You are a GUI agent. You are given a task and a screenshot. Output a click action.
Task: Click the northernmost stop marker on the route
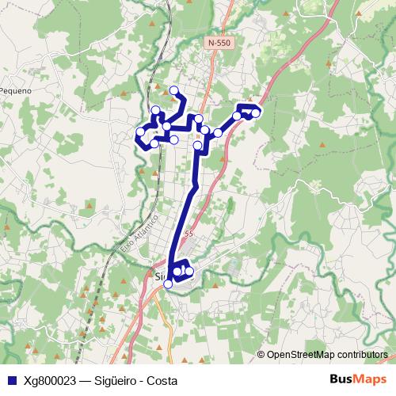coord(173,90)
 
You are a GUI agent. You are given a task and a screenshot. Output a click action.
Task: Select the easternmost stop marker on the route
coord(256,113)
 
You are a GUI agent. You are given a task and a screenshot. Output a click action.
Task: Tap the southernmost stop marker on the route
coord(167,284)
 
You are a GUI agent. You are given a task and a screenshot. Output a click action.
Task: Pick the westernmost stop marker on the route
coord(140,132)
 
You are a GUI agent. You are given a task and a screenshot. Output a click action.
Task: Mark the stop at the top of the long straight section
coord(197,146)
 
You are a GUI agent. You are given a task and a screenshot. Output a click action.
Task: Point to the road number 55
coord(188,234)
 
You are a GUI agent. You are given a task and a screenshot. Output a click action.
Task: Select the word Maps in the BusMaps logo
coord(365,379)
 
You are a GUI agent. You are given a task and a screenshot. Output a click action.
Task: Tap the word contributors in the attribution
coord(365,354)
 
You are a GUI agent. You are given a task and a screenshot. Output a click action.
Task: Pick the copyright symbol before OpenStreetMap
coord(261,354)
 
